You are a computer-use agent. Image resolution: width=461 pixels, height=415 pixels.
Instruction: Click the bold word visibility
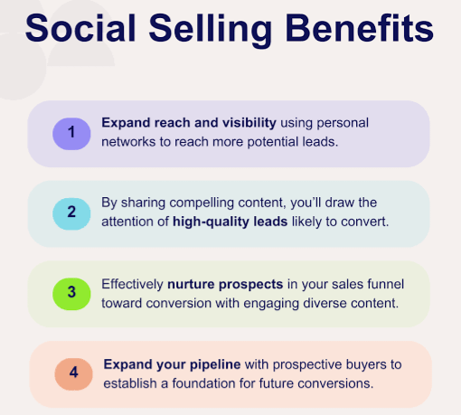tap(246, 122)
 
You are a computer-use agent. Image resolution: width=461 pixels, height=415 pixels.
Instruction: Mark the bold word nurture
tap(199, 284)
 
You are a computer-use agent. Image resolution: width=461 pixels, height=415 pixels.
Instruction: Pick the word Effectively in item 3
tap(132, 284)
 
